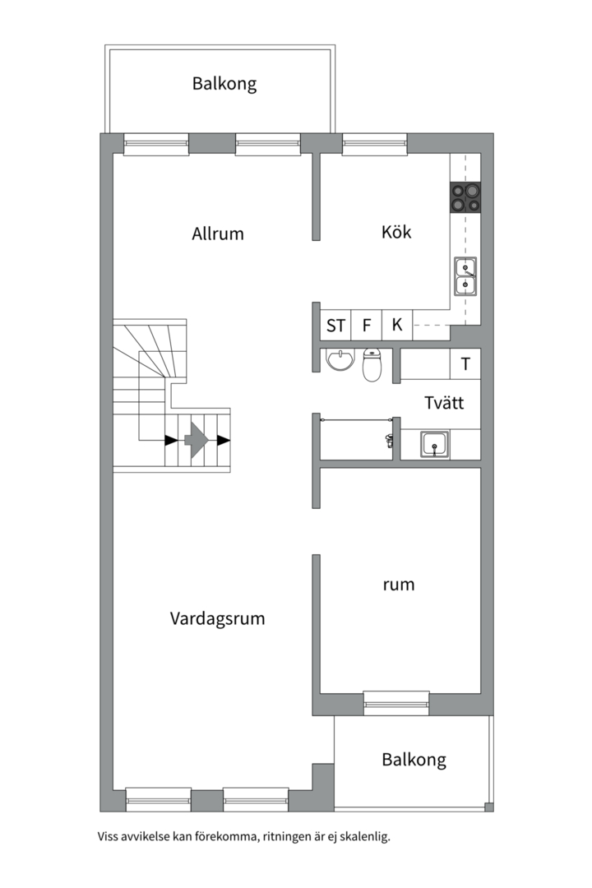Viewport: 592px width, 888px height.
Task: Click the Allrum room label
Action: (218, 234)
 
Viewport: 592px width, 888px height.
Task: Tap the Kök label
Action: (396, 232)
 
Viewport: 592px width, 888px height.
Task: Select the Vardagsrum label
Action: (218, 618)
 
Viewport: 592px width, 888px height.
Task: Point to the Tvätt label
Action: (444, 403)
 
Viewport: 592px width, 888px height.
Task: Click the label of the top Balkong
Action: (224, 83)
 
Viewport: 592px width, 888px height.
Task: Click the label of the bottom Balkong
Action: (414, 759)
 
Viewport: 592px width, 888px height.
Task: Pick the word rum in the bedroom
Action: (399, 585)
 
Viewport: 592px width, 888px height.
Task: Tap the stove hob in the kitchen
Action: (465, 197)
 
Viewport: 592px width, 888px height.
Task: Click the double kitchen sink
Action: (465, 276)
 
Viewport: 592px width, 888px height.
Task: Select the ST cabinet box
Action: (335, 325)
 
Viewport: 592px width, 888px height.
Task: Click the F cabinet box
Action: (366, 325)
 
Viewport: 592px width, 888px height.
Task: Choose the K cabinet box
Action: (397, 325)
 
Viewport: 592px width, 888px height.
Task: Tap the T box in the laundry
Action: (465, 364)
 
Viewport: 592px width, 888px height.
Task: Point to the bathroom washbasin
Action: (338, 360)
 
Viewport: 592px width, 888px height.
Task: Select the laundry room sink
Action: (434, 445)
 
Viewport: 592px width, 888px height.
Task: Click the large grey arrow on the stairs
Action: (196, 440)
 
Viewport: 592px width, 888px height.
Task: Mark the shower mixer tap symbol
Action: (388, 441)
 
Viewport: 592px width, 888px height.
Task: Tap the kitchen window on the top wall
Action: (374, 144)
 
